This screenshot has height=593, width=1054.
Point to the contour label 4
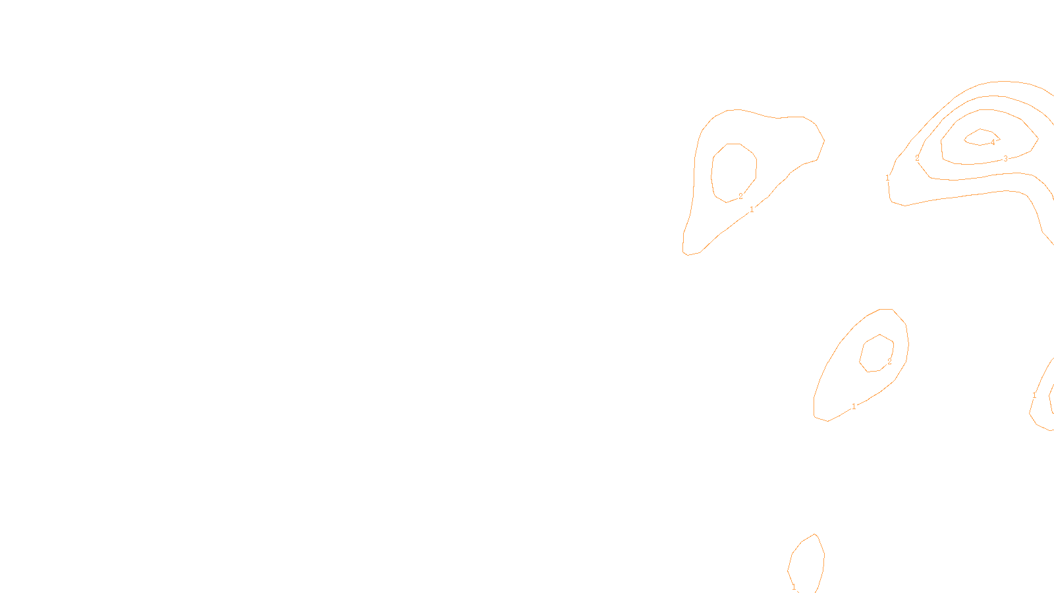[993, 142]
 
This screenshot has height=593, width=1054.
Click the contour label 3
[1005, 159]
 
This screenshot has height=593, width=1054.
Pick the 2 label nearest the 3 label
[917, 158]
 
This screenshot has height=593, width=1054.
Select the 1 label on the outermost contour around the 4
[888, 178]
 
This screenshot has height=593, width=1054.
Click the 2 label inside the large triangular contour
[740, 196]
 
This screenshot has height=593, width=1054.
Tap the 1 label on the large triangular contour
[752, 210]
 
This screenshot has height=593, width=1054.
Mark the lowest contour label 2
[889, 362]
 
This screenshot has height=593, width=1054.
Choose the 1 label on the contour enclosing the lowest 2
[854, 407]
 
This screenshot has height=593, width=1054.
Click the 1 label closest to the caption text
[794, 587]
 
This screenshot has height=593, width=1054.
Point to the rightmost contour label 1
[1034, 395]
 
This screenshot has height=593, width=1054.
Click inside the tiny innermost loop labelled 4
[980, 137]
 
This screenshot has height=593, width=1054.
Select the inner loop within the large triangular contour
[733, 171]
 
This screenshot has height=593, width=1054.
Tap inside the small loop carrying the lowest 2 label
[877, 353]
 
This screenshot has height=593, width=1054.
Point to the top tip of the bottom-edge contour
[816, 534]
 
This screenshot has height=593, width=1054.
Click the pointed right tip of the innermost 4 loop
[999, 138]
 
